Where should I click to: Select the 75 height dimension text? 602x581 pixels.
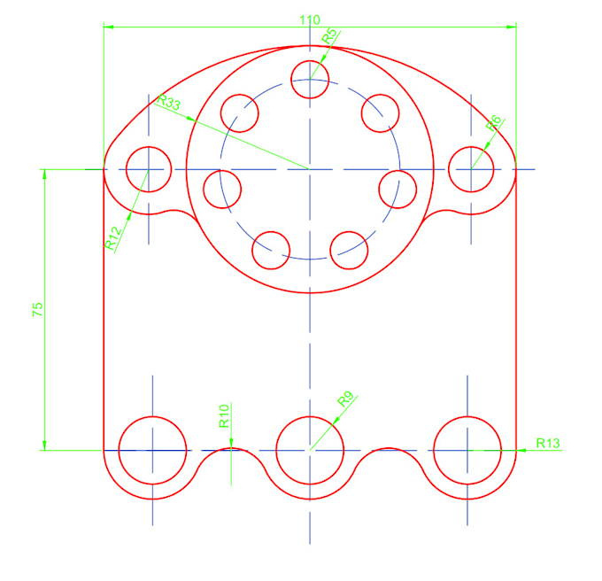pos(37,309)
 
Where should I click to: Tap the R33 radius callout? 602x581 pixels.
pos(168,103)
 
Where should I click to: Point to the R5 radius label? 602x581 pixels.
pos(328,36)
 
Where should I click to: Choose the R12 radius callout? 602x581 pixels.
pos(112,238)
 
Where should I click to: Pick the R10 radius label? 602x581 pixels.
pos(224,415)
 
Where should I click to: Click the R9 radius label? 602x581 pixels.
pos(345,400)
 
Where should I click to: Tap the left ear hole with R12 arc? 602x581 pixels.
pos(149,168)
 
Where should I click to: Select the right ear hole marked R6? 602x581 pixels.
pos(470,168)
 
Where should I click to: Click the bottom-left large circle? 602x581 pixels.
pos(152,450)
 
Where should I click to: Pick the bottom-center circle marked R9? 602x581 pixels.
pos(310,450)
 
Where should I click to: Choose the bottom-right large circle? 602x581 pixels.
pos(467,450)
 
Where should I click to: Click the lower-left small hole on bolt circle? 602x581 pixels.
pos(271,249)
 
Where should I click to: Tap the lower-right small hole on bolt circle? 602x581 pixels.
pos(349,249)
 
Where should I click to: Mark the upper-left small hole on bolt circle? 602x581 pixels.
pos(239,112)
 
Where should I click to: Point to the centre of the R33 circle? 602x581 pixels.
pos(310,168)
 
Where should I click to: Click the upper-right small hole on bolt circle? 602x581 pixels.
pos(382,112)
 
